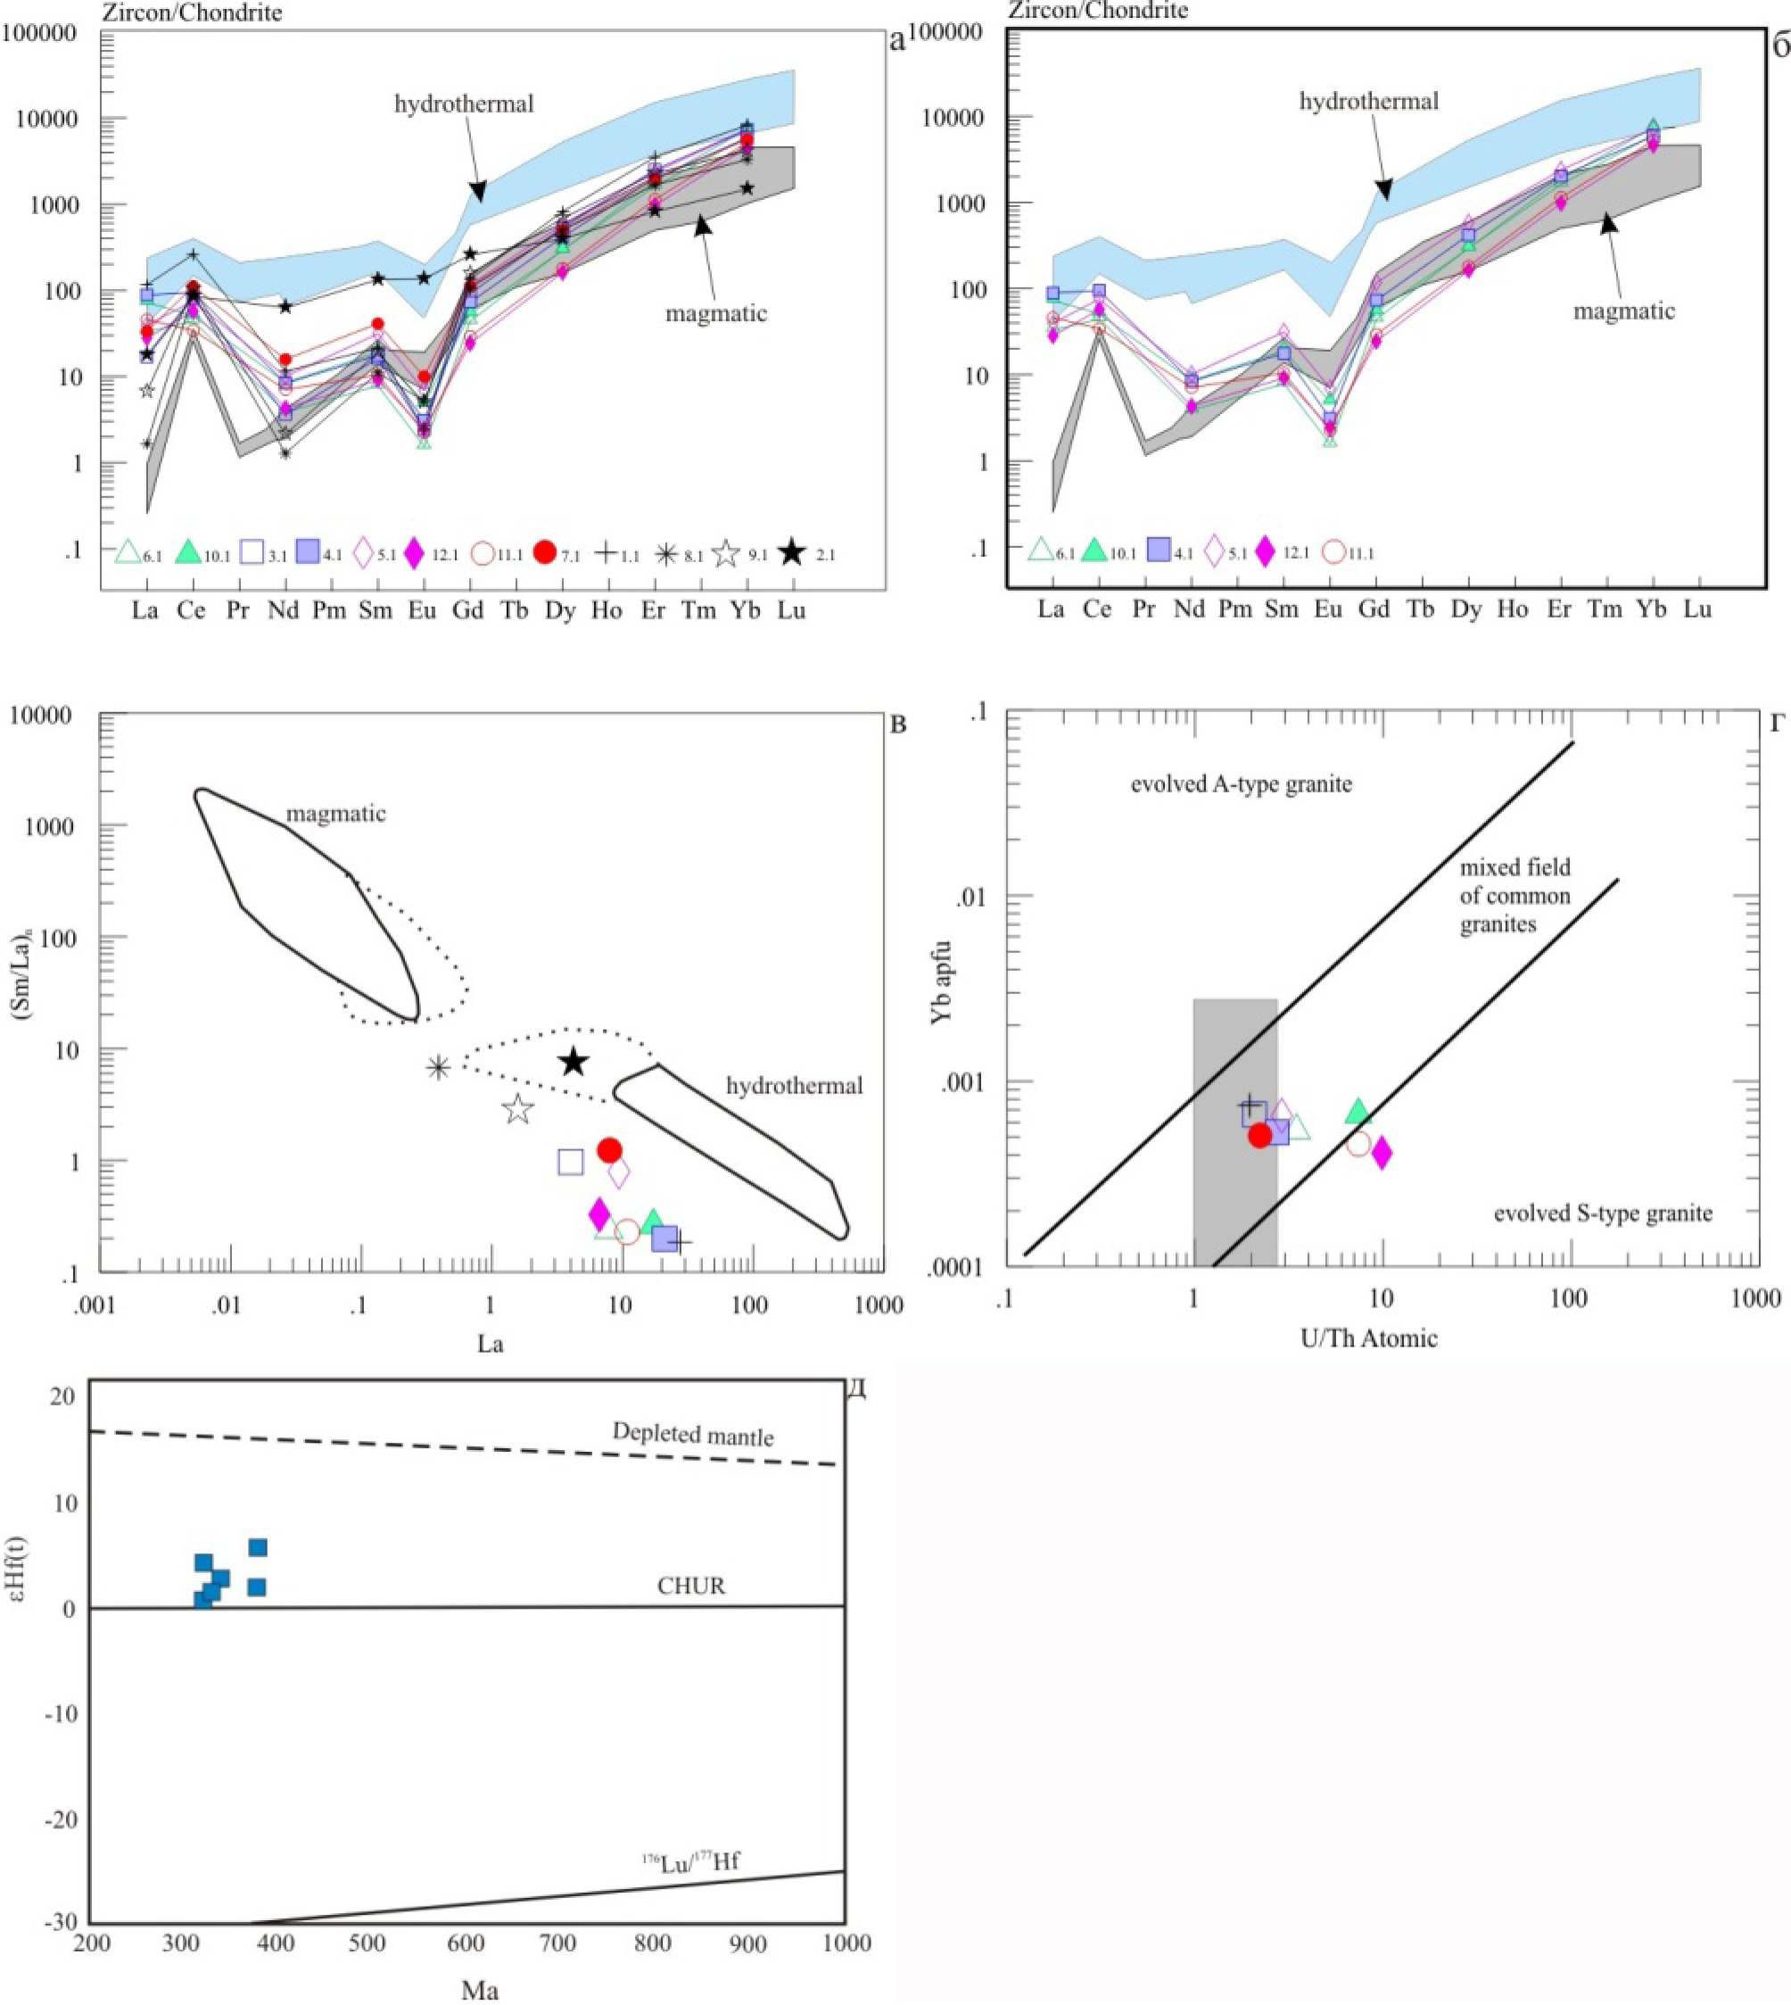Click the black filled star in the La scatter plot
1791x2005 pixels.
(574, 1062)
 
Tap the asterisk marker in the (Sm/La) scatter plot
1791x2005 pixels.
(439, 1067)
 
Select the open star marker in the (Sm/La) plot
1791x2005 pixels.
(518, 1109)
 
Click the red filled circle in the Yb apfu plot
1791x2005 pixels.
(1259, 1135)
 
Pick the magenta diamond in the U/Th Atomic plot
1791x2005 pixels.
(1382, 1153)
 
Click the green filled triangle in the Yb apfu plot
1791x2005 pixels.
(1358, 1111)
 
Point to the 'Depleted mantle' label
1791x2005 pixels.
(693, 1434)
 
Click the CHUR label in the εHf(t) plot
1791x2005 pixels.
(692, 1586)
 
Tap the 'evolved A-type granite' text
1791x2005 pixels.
(1241, 784)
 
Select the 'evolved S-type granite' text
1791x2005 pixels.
(1603, 1213)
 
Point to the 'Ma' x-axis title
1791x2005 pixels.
(480, 1990)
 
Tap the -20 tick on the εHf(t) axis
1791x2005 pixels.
(63, 1820)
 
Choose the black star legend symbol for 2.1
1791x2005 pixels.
(792, 553)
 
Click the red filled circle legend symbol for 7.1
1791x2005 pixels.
(545, 553)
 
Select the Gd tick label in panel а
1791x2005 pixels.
(468, 610)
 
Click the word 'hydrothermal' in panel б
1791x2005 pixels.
(1369, 101)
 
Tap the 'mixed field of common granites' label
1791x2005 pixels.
(1515, 896)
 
